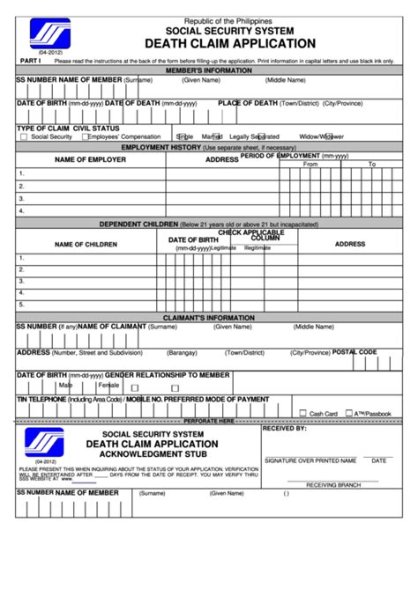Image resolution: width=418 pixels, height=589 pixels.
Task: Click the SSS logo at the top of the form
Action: pyautogui.click(x=49, y=35)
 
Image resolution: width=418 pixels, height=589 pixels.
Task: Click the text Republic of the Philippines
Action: pyautogui.click(x=228, y=19)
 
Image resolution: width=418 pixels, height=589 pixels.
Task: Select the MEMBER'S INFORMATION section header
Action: pyautogui.click(x=208, y=70)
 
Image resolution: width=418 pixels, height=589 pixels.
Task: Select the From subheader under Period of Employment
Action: pyautogui.click(x=310, y=165)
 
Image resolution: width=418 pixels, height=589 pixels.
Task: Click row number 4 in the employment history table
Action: pyautogui.click(x=20, y=211)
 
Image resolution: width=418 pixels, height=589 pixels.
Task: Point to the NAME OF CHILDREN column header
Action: pyautogui.click(x=85, y=244)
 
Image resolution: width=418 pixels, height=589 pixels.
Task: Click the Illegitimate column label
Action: pyautogui.click(x=258, y=248)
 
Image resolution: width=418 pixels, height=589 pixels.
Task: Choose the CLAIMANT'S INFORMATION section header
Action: pyautogui.click(x=208, y=317)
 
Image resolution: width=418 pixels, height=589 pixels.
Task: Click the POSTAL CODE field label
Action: pyautogui.click(x=355, y=351)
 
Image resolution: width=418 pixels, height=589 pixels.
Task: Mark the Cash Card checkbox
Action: pyautogui.click(x=302, y=412)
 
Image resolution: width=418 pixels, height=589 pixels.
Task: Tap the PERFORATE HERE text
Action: pyautogui.click(x=208, y=421)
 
